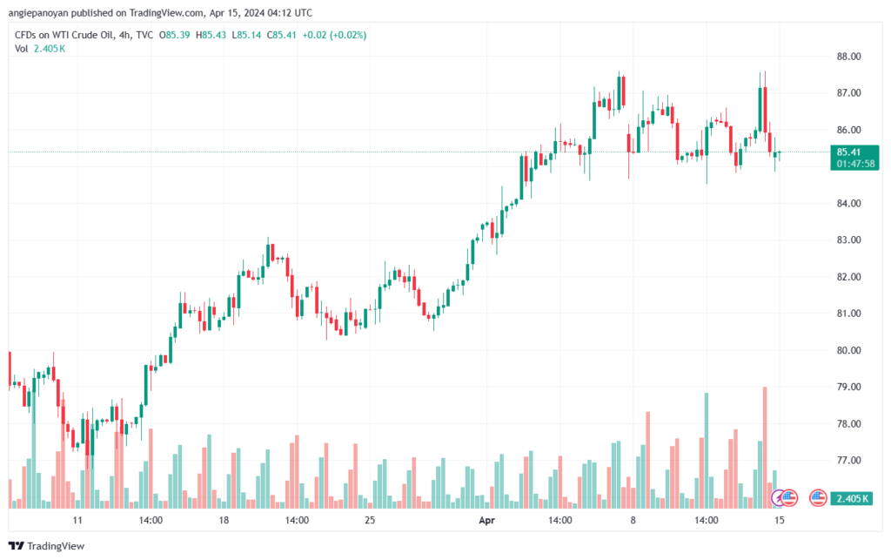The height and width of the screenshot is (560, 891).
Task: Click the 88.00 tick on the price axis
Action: point(848,57)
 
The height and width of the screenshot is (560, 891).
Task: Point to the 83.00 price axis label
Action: point(848,240)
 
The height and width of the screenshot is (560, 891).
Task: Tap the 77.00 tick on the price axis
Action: point(848,460)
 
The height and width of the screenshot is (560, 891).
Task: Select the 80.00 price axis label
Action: point(848,350)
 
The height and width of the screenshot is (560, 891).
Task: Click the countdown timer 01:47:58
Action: point(855,163)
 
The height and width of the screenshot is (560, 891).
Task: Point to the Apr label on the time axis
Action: point(487,521)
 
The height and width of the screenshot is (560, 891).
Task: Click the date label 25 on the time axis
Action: point(370,521)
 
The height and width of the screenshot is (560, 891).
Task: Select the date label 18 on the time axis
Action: point(224,521)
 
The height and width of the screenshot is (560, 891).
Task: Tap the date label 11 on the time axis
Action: point(77,521)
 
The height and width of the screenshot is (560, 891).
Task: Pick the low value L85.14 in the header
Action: point(249,35)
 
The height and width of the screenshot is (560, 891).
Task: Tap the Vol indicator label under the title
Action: point(22,49)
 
